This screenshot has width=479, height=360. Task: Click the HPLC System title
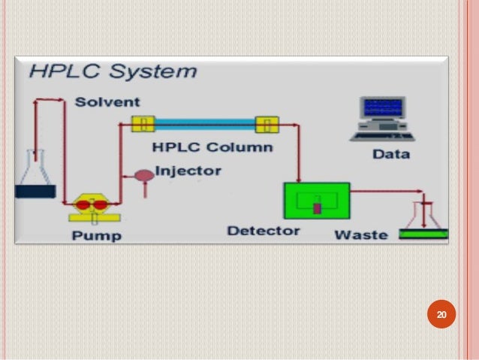pos(113,72)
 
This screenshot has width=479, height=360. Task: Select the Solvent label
pos(107,101)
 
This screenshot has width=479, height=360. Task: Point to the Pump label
pos(96,235)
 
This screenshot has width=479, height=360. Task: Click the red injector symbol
pos(143,177)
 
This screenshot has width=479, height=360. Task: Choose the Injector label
pos(188,171)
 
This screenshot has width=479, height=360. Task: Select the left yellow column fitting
pos(142,123)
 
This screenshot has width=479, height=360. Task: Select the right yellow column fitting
pos(267,123)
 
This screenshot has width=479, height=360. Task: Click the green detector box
pos(316,201)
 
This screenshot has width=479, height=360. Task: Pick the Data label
pos(390,154)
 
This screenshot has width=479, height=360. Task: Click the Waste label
pos(360,234)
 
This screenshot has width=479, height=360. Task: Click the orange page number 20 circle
pos(441,315)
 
